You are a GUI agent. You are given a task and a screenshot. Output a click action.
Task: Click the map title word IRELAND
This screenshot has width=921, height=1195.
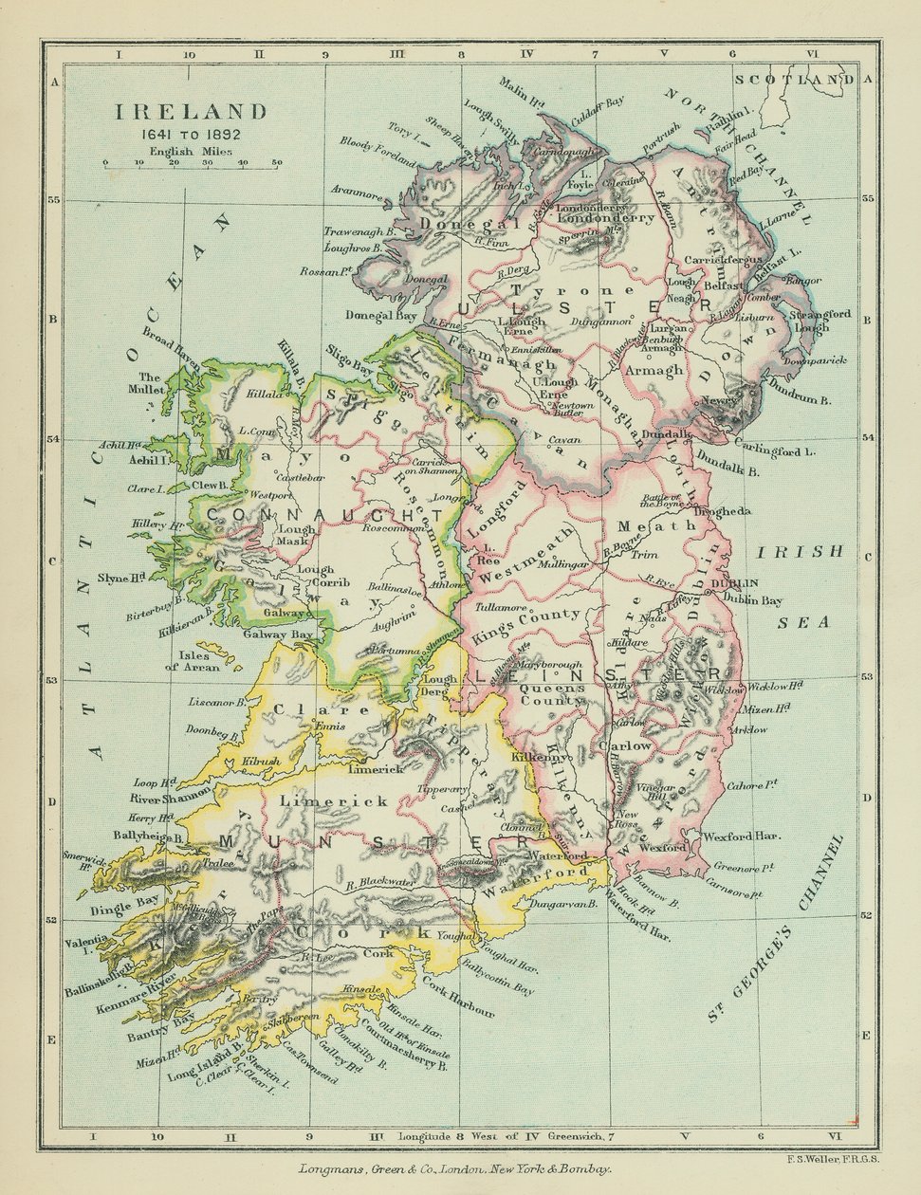(x=191, y=112)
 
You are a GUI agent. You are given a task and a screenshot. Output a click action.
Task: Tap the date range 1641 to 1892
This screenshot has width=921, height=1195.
(x=191, y=134)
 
